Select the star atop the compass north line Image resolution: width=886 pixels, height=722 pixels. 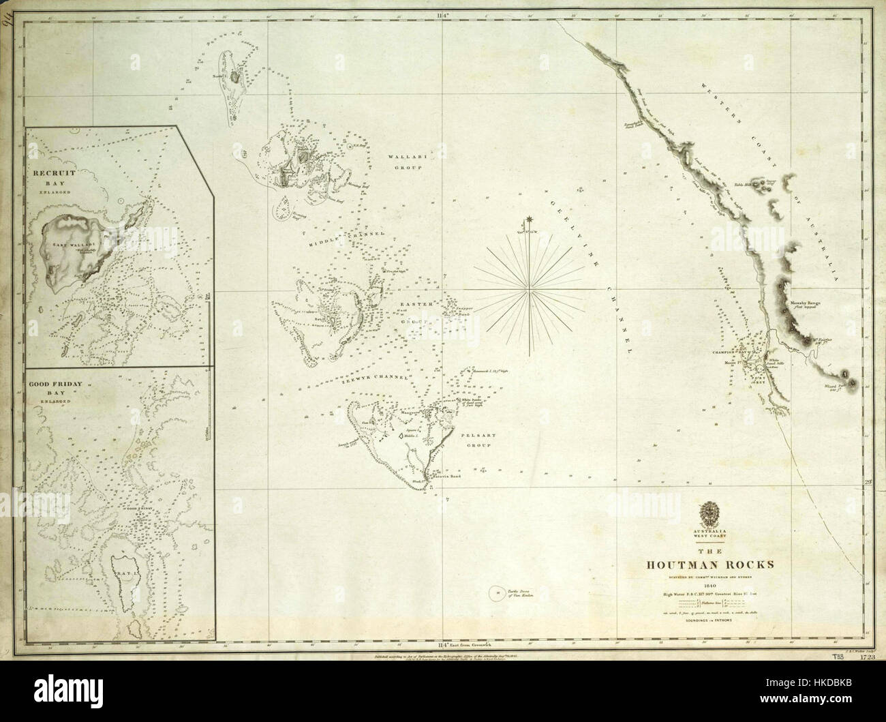528,220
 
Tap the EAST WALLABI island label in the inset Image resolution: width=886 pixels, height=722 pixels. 69,243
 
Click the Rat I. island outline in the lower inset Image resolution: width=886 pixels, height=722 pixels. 127,571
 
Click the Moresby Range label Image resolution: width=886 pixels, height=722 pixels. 806,304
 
